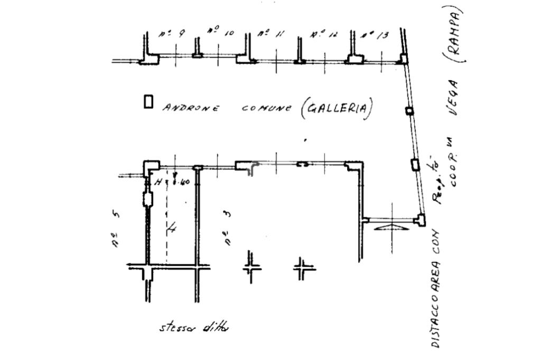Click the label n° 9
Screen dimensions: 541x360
click(171, 34)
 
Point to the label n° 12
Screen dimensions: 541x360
click(324, 35)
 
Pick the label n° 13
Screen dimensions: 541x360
click(375, 35)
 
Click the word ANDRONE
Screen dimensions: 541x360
click(191, 108)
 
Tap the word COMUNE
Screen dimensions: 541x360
click(266, 108)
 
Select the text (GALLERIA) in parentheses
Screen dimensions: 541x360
click(337, 109)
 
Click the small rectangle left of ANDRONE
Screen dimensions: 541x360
click(148, 101)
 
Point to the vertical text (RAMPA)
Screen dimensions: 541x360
click(456, 35)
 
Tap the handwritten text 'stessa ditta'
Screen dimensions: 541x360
click(194, 327)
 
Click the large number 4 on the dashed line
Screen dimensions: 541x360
click(172, 228)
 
